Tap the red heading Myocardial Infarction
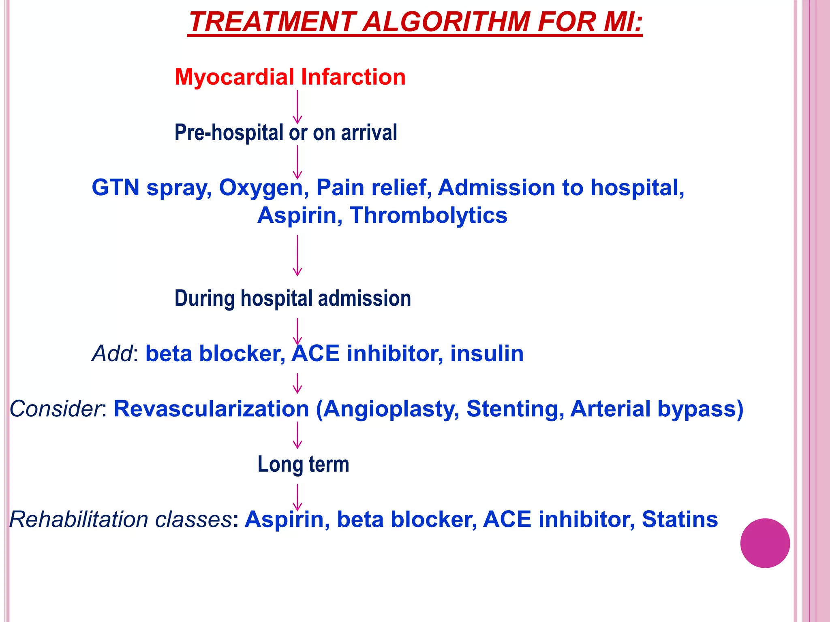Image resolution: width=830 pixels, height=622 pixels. (290, 77)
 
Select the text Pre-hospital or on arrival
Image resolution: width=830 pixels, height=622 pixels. (286, 132)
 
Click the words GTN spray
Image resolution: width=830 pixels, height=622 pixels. (151, 187)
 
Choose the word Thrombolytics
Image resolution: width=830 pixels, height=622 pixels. (428, 215)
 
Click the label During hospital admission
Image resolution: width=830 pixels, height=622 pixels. (293, 298)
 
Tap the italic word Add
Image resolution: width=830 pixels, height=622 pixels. (112, 354)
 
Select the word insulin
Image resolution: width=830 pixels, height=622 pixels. (487, 354)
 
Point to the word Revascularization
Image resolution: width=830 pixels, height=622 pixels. (211, 409)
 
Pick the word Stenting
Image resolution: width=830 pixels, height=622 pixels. (515, 409)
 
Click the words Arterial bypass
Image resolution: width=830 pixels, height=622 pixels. (657, 409)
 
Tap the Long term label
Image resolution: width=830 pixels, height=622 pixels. (303, 464)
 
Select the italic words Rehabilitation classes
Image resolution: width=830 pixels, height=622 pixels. (120, 520)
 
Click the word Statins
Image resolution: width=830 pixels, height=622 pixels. (680, 520)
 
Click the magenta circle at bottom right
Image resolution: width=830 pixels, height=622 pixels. (765, 543)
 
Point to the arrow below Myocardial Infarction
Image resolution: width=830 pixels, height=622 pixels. (297, 107)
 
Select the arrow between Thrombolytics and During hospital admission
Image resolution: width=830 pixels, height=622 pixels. (297, 255)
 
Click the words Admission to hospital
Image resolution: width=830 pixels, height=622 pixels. (561, 188)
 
